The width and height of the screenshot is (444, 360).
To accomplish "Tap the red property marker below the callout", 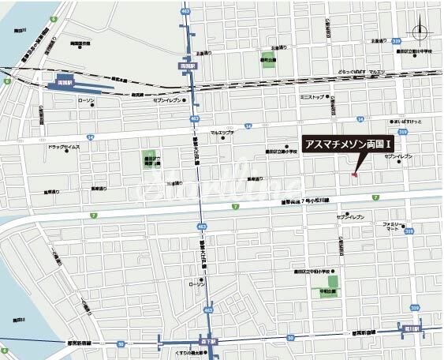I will tap(354, 174).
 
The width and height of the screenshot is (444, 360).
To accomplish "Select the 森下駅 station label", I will tap(208, 342).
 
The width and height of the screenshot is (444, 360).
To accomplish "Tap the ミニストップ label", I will tap(312, 97).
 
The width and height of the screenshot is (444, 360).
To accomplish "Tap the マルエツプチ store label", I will tap(222, 132).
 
